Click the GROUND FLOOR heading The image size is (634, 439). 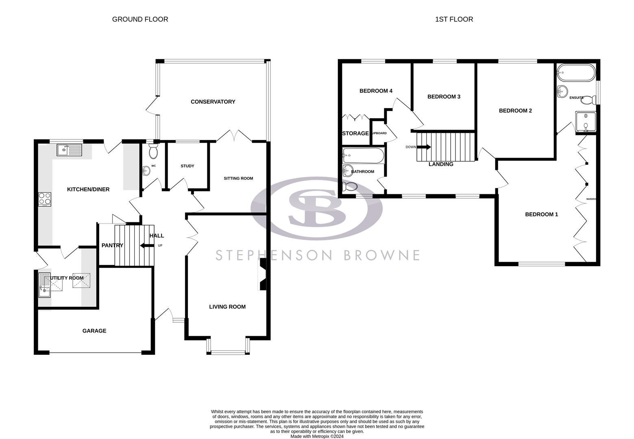[140, 19]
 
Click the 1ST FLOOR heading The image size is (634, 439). [454, 19]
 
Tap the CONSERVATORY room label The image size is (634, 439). [213, 102]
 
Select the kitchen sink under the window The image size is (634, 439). [70, 150]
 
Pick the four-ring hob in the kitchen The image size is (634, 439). [45, 199]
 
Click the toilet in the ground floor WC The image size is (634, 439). [153, 152]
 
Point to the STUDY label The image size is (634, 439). [187, 166]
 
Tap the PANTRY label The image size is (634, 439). [112, 245]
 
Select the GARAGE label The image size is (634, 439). [94, 331]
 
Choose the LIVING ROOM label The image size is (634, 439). [227, 307]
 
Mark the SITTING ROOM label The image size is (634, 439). [238, 178]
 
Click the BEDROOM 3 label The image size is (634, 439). [444, 97]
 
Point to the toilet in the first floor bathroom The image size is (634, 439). [349, 187]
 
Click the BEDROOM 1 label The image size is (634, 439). [541, 214]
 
